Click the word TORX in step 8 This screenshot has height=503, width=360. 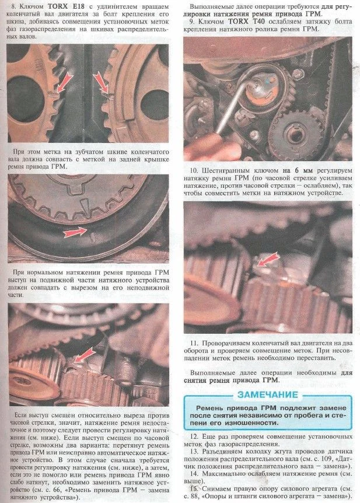coord(59,6)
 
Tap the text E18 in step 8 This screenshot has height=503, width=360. coord(78,6)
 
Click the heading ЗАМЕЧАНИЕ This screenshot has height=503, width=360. coord(268,395)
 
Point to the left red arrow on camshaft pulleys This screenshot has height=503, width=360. coord(64,83)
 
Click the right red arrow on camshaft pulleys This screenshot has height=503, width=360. coord(100,83)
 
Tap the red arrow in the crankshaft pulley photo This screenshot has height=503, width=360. coord(75,233)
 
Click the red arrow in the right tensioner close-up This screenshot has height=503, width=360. coord(268,259)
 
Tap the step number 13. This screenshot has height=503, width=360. coord(194,451)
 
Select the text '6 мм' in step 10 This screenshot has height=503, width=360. coord(302,170)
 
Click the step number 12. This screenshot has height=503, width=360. coord(194,437)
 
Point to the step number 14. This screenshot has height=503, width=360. coord(194,473)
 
